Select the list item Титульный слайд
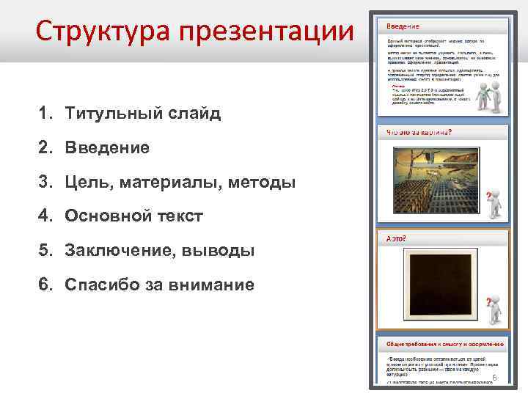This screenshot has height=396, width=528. (142, 114)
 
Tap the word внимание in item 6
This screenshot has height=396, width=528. (208, 285)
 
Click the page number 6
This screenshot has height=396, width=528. (494, 377)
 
